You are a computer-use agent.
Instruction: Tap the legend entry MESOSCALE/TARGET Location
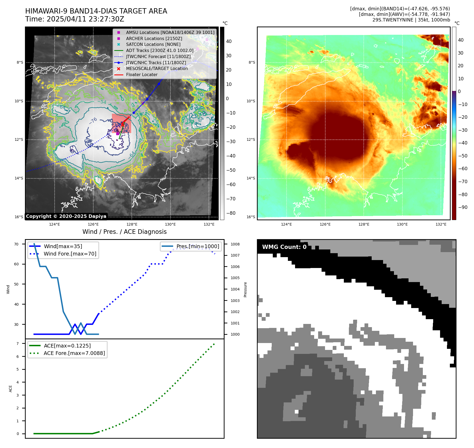tap(157, 68)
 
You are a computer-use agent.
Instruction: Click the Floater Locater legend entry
tap(142, 74)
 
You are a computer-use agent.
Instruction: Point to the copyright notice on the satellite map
tap(66, 216)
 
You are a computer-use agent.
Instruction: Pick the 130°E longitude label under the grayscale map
tap(170, 224)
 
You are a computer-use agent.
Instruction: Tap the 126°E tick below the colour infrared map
tap(325, 224)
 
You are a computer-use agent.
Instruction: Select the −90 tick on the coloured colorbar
tap(463, 207)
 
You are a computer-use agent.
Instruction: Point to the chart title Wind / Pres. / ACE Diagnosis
tap(125, 232)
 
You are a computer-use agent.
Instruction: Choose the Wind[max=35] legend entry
tap(63, 246)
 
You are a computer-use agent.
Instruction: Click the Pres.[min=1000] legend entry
tap(198, 246)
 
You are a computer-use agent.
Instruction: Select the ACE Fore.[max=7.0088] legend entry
tap(74, 353)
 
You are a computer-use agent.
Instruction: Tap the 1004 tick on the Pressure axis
tap(235, 289)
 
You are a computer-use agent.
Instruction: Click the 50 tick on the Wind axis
tap(16, 284)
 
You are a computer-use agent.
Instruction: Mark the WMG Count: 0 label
tap(284, 247)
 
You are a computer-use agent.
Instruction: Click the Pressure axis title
tap(245, 289)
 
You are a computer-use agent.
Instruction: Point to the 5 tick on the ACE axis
tap(18, 369)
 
